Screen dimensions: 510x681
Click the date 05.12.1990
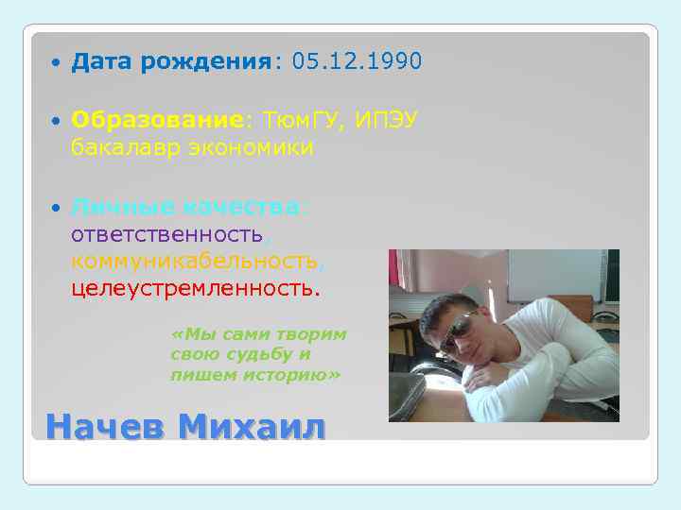pyautogui.click(x=358, y=62)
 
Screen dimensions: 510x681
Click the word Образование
pyautogui.click(x=157, y=121)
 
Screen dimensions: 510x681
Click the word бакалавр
pyautogui.click(x=123, y=148)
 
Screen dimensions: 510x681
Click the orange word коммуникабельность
pyautogui.click(x=193, y=260)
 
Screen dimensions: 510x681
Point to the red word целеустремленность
pyautogui.click(x=195, y=286)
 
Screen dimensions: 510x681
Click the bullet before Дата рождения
pyautogui.click(x=57, y=63)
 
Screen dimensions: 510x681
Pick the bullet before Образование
pyautogui.click(x=57, y=122)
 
